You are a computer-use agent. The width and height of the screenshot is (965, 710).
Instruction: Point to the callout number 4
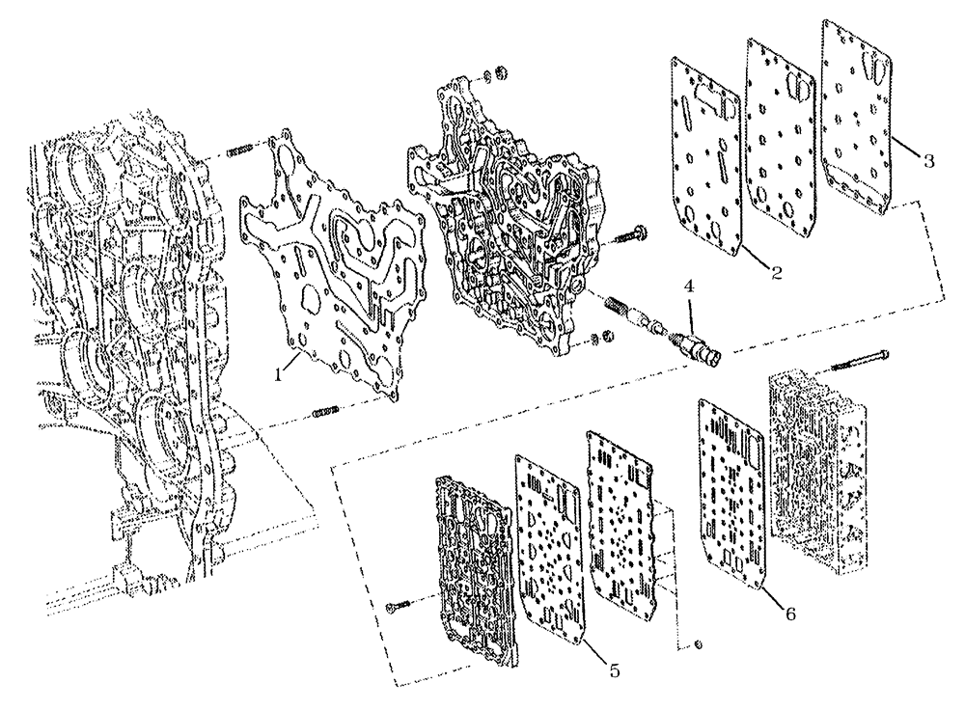688,285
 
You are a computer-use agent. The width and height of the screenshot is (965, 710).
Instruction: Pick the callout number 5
614,668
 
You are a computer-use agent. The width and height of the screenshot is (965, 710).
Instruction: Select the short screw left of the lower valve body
399,606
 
